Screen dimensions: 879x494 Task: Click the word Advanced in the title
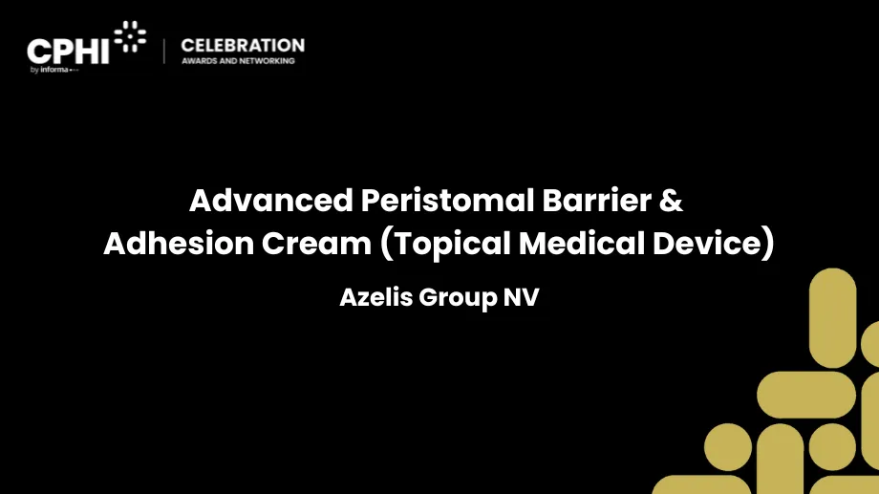(x=271, y=200)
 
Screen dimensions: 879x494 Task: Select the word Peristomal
(x=447, y=200)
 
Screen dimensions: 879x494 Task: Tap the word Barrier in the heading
(x=596, y=200)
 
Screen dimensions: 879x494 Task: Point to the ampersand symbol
(x=672, y=200)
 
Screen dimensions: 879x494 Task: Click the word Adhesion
(x=179, y=244)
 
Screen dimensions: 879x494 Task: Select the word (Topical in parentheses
(x=445, y=244)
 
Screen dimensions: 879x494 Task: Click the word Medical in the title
(x=581, y=244)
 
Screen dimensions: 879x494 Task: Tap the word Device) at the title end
(x=713, y=244)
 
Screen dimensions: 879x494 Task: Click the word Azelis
(x=376, y=297)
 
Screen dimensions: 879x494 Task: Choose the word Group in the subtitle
(x=458, y=298)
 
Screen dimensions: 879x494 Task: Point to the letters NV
(x=521, y=297)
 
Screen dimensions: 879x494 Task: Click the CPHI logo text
(x=68, y=52)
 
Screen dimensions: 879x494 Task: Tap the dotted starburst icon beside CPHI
(x=130, y=36)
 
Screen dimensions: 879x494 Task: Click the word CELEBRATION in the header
(x=243, y=46)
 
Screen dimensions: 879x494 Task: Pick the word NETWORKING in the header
(x=267, y=60)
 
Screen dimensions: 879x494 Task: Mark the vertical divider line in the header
(x=164, y=51)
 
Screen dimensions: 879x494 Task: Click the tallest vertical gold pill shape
(x=832, y=318)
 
